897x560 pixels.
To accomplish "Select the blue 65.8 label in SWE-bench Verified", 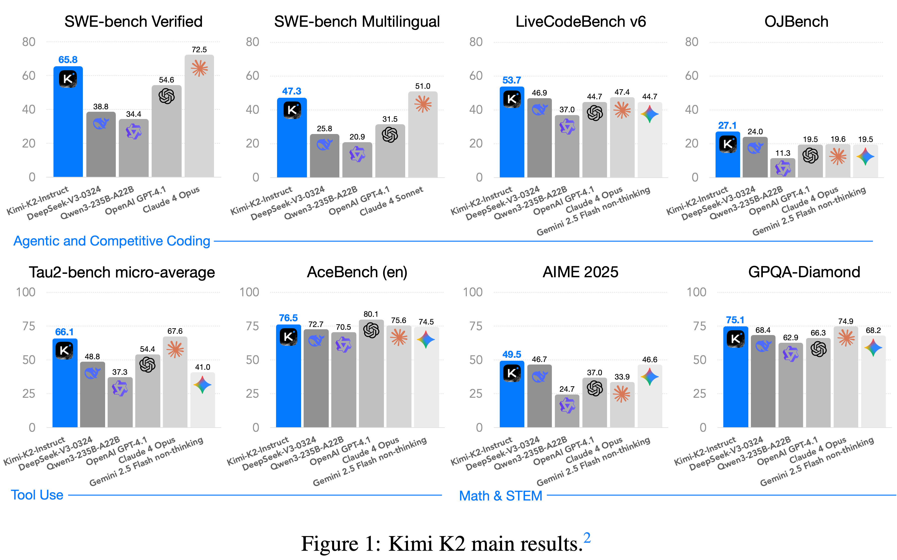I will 68,60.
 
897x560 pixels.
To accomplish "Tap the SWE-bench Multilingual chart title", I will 357,21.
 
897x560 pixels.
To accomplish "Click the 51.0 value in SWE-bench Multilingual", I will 422,86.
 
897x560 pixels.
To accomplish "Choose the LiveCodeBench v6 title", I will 580,21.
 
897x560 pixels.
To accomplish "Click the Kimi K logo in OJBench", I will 728,144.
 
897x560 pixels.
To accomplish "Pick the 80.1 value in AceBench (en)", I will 371,314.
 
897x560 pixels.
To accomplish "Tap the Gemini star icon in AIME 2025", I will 649,377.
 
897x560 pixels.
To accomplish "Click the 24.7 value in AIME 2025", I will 567,389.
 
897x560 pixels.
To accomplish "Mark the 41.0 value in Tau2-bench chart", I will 202,367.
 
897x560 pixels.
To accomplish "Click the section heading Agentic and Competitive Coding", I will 112,241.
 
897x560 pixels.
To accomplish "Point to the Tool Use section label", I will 37,495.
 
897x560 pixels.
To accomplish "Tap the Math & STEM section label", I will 500,495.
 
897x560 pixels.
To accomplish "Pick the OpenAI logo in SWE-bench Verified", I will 166,96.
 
